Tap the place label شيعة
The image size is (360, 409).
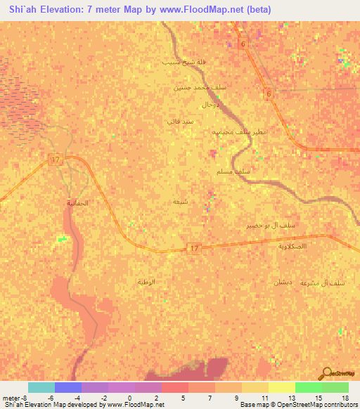click(x=180, y=201)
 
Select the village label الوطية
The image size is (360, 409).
click(x=146, y=281)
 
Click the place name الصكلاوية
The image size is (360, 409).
click(x=292, y=246)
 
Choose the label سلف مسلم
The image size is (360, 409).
click(x=234, y=171)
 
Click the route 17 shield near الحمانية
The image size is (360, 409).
click(x=56, y=160)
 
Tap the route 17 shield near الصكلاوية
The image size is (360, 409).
click(x=194, y=248)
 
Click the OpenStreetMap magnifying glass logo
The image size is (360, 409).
click(x=326, y=374)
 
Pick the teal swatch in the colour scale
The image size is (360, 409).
click(x=41, y=387)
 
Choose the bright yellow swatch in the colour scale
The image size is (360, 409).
click(x=282, y=387)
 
